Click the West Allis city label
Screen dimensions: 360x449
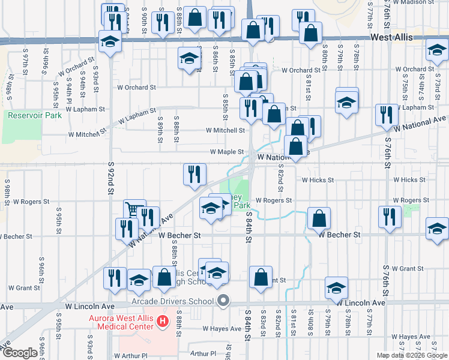tap(391, 37)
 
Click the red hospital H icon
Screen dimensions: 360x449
tap(162, 322)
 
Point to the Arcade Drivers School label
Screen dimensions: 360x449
tap(172, 301)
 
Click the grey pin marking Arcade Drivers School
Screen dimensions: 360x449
tap(224, 301)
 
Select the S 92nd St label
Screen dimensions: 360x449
tap(111, 178)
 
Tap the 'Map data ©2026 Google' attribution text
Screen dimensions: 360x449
tap(411, 355)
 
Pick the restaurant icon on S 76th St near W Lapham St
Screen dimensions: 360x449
tap(387, 114)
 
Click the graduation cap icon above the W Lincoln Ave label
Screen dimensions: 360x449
tap(336, 287)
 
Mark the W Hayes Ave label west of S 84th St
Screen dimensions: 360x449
tap(222, 329)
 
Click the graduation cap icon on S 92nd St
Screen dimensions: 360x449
tap(110, 41)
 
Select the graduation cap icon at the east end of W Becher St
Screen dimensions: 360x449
tap(437, 229)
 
